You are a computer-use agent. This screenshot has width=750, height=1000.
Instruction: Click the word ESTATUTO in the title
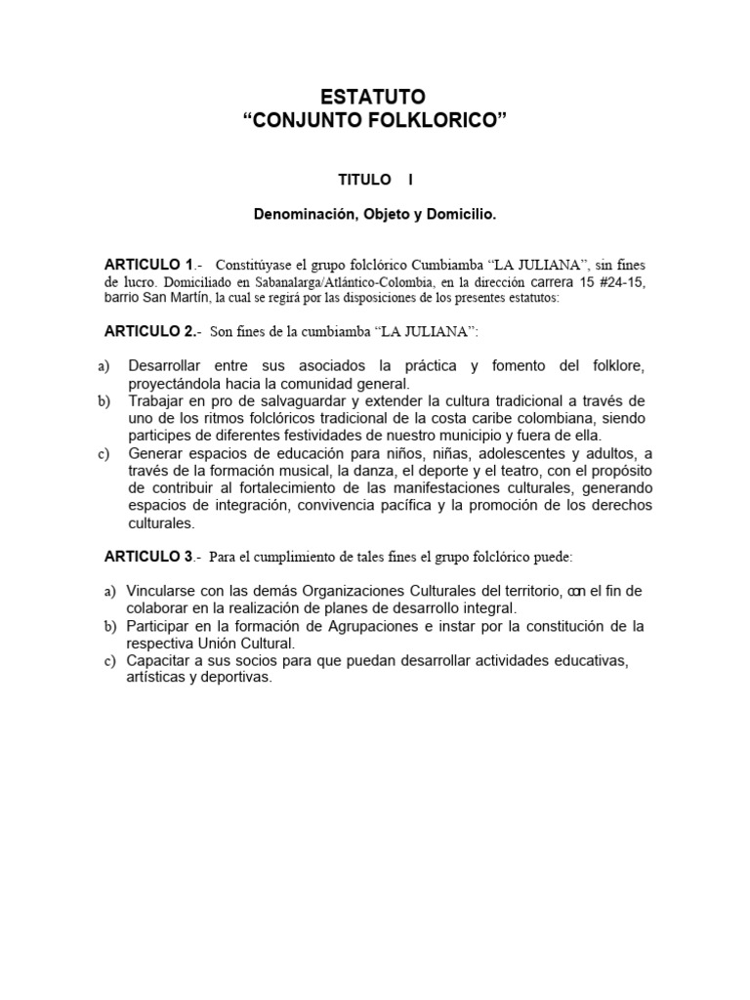(x=374, y=97)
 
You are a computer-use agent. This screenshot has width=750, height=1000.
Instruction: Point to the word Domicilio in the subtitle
(x=461, y=211)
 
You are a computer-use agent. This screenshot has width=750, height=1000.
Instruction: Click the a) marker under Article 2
(x=104, y=366)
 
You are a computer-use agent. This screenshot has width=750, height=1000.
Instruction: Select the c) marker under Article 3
(x=109, y=661)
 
